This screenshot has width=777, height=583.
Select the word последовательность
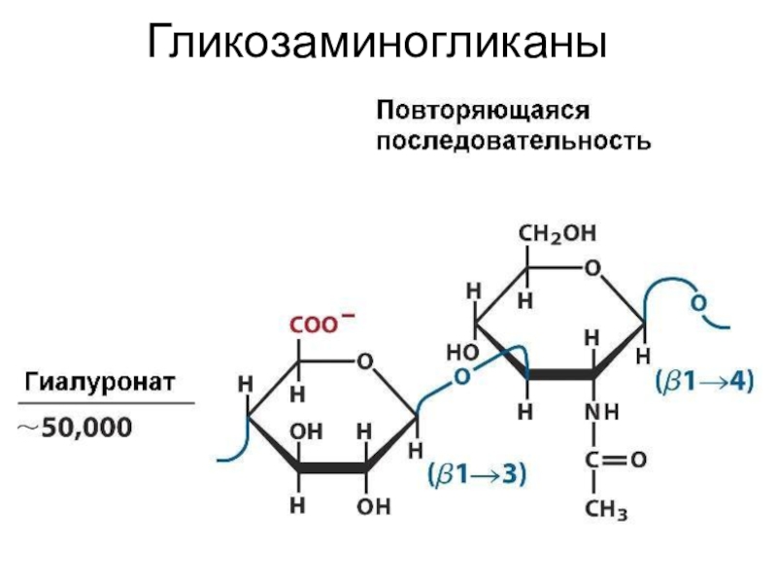[x=513, y=141]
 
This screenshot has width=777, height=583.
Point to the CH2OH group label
[x=557, y=234]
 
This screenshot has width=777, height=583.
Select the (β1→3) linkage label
[x=476, y=475]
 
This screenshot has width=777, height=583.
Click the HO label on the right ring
[x=459, y=350]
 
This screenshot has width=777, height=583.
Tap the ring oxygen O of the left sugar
[x=365, y=361]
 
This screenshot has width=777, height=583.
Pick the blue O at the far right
[x=696, y=303]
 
